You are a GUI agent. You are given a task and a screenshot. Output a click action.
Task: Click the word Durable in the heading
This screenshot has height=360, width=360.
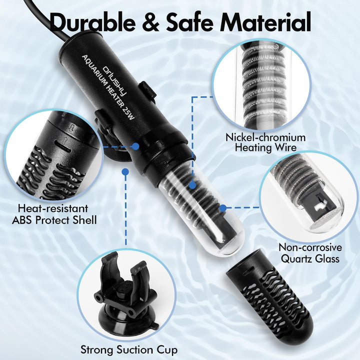click(x=92, y=22)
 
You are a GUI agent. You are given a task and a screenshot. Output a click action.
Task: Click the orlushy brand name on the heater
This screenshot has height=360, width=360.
click(x=115, y=81)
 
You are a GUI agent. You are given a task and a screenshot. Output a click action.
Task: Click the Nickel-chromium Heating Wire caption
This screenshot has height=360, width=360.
click(x=265, y=142)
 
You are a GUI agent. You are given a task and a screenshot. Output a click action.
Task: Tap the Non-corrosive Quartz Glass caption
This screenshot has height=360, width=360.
click(x=310, y=253)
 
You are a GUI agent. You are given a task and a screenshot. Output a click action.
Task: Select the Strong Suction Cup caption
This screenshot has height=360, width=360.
click(x=129, y=350)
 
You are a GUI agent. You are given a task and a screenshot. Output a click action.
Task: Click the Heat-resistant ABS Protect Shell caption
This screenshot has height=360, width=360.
click(x=54, y=214)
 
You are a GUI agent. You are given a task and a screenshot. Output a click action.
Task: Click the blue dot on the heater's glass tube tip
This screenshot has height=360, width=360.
click(x=222, y=208)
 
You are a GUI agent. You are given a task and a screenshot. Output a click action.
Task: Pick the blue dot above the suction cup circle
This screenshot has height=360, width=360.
click(x=125, y=171)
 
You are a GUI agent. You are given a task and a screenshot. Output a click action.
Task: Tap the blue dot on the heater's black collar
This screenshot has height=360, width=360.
click(x=135, y=146)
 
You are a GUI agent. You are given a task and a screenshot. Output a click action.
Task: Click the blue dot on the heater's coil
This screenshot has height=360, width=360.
click(x=193, y=185)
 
